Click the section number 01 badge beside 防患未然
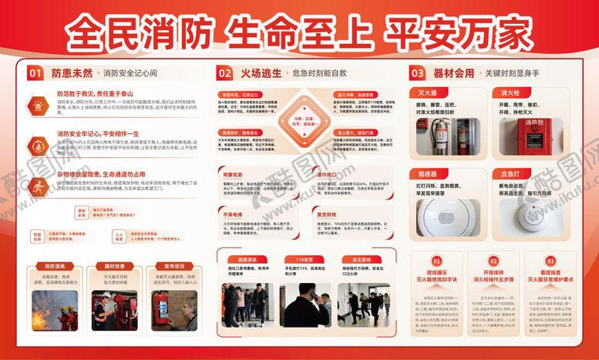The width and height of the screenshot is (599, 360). [x=35, y=73]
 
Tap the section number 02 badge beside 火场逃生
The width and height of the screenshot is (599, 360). [x=224, y=73]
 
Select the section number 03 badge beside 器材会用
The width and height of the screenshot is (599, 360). [x=416, y=73]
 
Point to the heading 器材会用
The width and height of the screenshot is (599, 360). [x=453, y=73]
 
